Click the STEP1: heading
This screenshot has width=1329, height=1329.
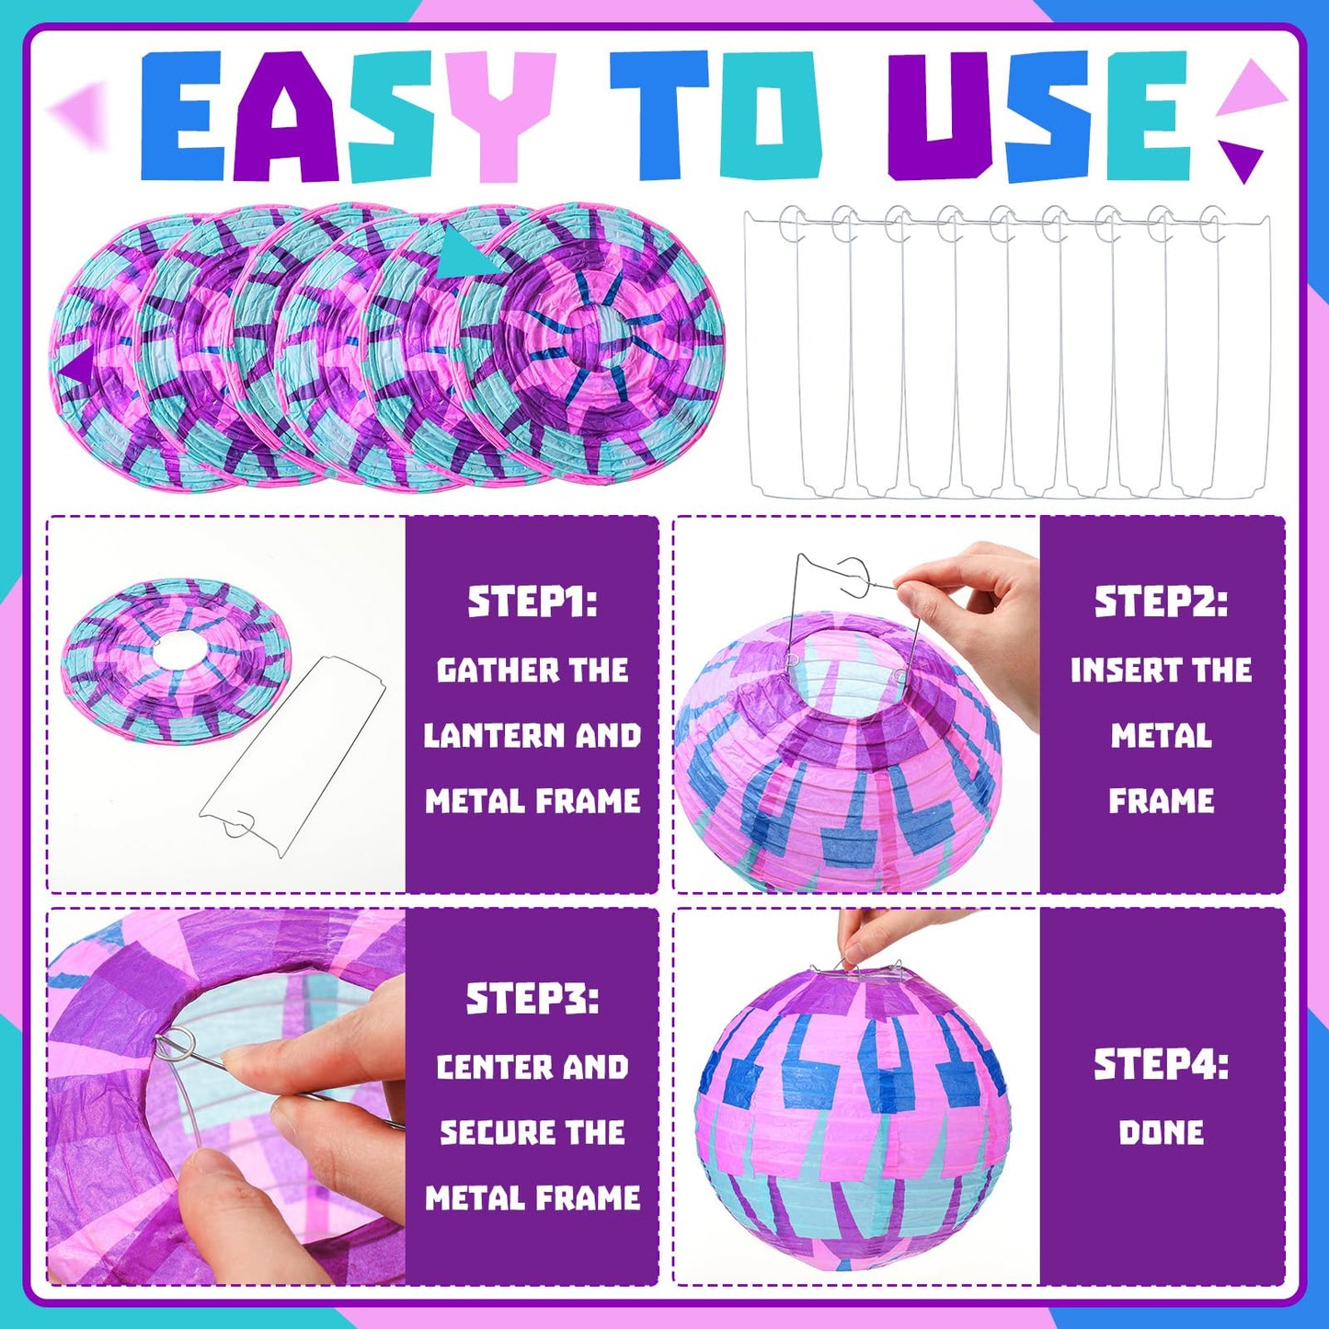pos(532,602)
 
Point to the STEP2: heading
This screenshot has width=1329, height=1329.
pos(1161,602)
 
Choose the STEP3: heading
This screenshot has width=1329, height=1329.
pos(532,999)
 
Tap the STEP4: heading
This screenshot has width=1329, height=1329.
pos(1161,1065)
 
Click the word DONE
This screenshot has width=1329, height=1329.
pos(1161,1132)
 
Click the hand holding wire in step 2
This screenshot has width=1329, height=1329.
pos(975,607)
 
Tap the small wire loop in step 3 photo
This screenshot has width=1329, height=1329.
pos(175,1044)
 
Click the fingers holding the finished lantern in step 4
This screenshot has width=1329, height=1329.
pos(883,934)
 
